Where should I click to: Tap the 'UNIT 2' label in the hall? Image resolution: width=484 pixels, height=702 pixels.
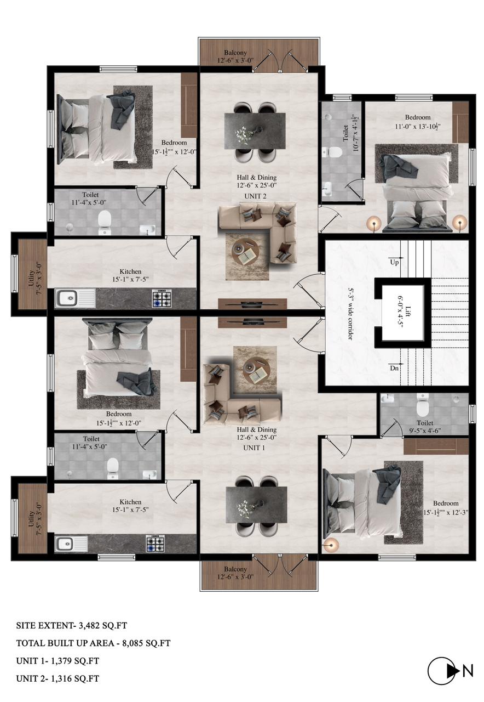(255, 196)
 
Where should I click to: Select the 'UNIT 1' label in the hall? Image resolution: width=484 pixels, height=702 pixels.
(253, 448)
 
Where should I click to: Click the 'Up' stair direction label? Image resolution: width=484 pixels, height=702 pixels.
(394, 262)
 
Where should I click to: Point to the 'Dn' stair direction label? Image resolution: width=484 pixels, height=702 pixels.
(394, 367)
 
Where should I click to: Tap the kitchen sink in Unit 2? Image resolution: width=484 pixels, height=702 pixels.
(76, 298)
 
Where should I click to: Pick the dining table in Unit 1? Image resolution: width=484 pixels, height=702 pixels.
(256, 504)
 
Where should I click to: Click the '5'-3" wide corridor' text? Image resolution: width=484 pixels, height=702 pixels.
(350, 313)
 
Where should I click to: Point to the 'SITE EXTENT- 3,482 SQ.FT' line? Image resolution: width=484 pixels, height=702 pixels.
(72, 626)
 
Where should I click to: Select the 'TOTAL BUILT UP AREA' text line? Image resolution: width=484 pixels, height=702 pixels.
(93, 643)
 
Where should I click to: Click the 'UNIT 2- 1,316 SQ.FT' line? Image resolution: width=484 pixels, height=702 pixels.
(57, 678)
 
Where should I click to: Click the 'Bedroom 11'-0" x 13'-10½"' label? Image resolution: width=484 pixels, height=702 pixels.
(418, 122)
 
